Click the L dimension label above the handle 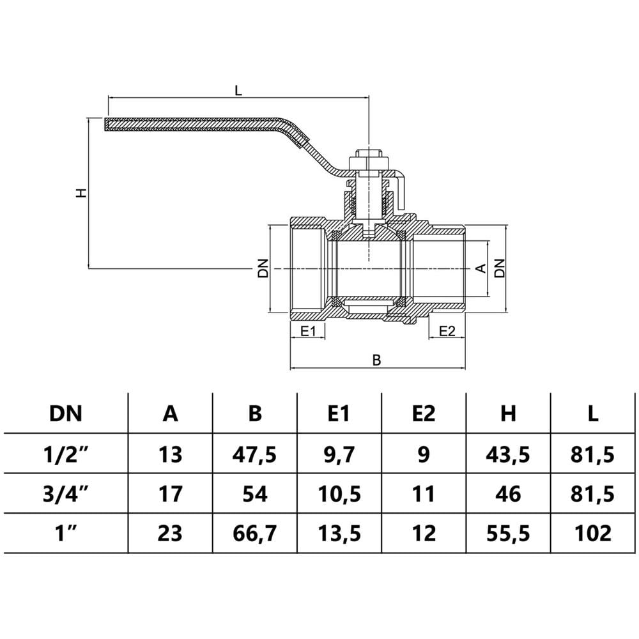pyautogui.click(x=238, y=90)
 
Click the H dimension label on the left pyautogui.click(x=82, y=193)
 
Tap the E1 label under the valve pyautogui.click(x=308, y=331)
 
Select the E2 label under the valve pyautogui.click(x=447, y=331)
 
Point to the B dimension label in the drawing pyautogui.click(x=377, y=360)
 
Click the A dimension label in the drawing pyautogui.click(x=481, y=268)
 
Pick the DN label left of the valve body pyautogui.click(x=264, y=268)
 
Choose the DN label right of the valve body pyautogui.click(x=500, y=268)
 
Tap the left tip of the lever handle pyautogui.click(x=105, y=125)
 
